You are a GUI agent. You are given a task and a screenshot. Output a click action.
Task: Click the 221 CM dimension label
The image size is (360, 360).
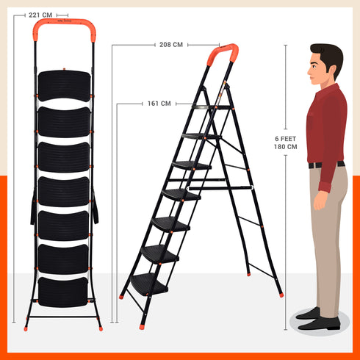40,14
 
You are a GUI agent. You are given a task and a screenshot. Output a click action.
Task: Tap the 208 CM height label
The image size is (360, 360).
170,45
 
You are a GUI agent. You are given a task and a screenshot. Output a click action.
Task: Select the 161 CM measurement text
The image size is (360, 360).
159,104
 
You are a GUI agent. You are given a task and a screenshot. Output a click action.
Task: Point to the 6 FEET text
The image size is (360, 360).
286,138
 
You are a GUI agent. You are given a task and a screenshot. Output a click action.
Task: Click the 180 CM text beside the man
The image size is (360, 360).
286,147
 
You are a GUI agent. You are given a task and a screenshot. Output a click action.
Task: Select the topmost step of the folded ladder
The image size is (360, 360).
65,85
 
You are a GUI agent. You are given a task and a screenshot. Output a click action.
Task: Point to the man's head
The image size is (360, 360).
325,65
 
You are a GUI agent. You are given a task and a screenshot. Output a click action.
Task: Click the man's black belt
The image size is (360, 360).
326,165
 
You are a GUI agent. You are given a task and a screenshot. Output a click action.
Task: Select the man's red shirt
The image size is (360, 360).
326,125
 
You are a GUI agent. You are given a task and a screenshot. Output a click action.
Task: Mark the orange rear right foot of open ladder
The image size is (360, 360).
280,295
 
